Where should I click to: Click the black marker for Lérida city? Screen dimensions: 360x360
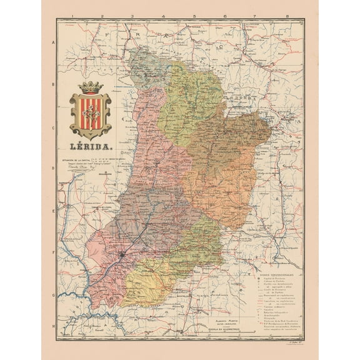tap(122, 254)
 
